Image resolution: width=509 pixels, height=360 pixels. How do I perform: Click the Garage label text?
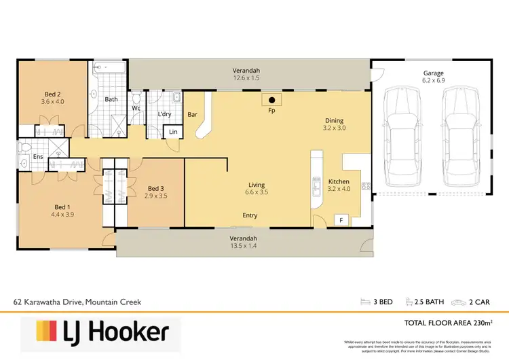point(433,73)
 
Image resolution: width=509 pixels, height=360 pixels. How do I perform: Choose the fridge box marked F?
point(340,220)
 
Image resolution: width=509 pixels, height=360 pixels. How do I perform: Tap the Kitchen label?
point(339,182)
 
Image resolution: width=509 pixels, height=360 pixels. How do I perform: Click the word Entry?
point(250,215)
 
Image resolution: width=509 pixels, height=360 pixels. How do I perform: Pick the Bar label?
point(192,115)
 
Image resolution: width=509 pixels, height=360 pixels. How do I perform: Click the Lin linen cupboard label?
point(173,131)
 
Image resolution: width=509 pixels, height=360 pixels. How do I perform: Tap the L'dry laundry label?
point(164,115)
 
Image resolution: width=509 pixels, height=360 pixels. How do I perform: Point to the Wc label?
point(136,108)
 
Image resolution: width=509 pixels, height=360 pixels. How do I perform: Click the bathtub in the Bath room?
point(109,68)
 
